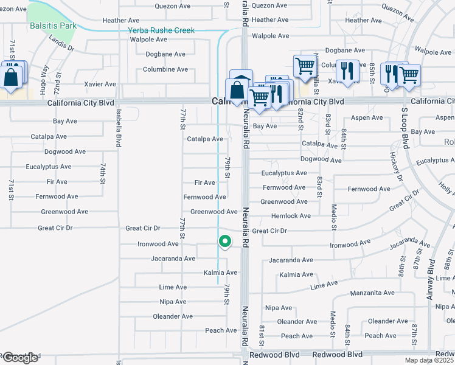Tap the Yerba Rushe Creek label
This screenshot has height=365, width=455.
[x=161, y=30]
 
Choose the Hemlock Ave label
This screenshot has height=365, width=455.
[x=291, y=216]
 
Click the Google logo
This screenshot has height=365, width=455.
[x=20, y=358]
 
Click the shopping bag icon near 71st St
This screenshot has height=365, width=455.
[x=11, y=77]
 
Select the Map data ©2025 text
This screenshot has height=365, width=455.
[x=429, y=360]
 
